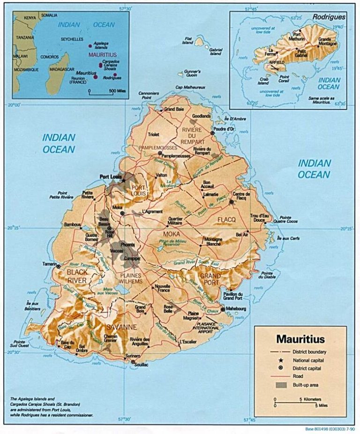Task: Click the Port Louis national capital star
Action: coord(124,180)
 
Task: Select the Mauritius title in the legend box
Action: coord(300,338)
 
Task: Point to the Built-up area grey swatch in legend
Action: coord(281,385)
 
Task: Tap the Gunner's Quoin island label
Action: coord(192,74)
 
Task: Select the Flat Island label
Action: coord(188,40)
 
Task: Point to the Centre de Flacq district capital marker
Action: coord(232,202)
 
